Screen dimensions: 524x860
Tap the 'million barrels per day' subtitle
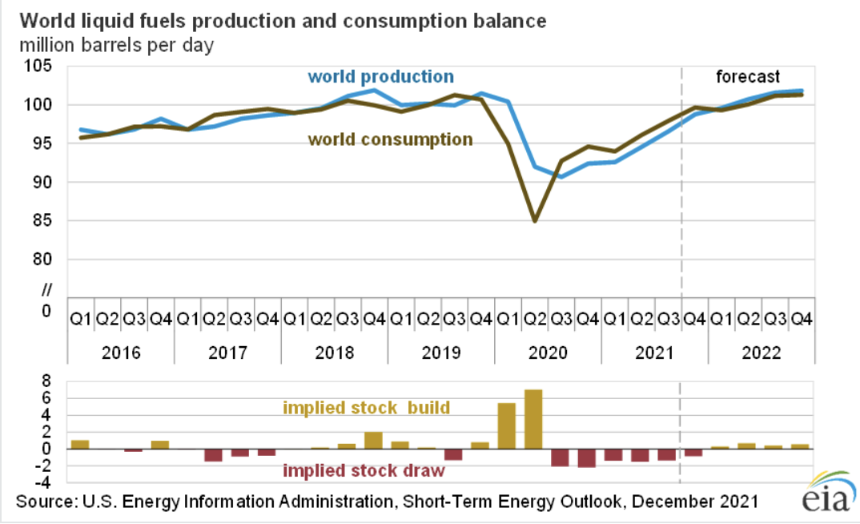pos(117,45)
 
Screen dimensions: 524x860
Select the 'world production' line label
pos(380,77)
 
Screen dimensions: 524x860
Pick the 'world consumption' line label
pos(391,139)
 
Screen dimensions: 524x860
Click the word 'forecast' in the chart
pos(747,77)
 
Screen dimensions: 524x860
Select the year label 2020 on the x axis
pos(548,353)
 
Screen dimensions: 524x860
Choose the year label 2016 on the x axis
pos(120,353)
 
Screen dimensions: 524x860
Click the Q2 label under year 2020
pos(534,319)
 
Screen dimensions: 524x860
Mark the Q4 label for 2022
pos(802,319)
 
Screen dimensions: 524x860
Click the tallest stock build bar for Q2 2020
pos(533,419)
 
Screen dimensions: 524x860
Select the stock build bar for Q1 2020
pos(507,425)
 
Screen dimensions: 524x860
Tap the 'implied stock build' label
pos(366,408)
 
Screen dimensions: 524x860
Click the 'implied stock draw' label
pos(364,470)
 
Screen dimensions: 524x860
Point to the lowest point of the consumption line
pos(533,221)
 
